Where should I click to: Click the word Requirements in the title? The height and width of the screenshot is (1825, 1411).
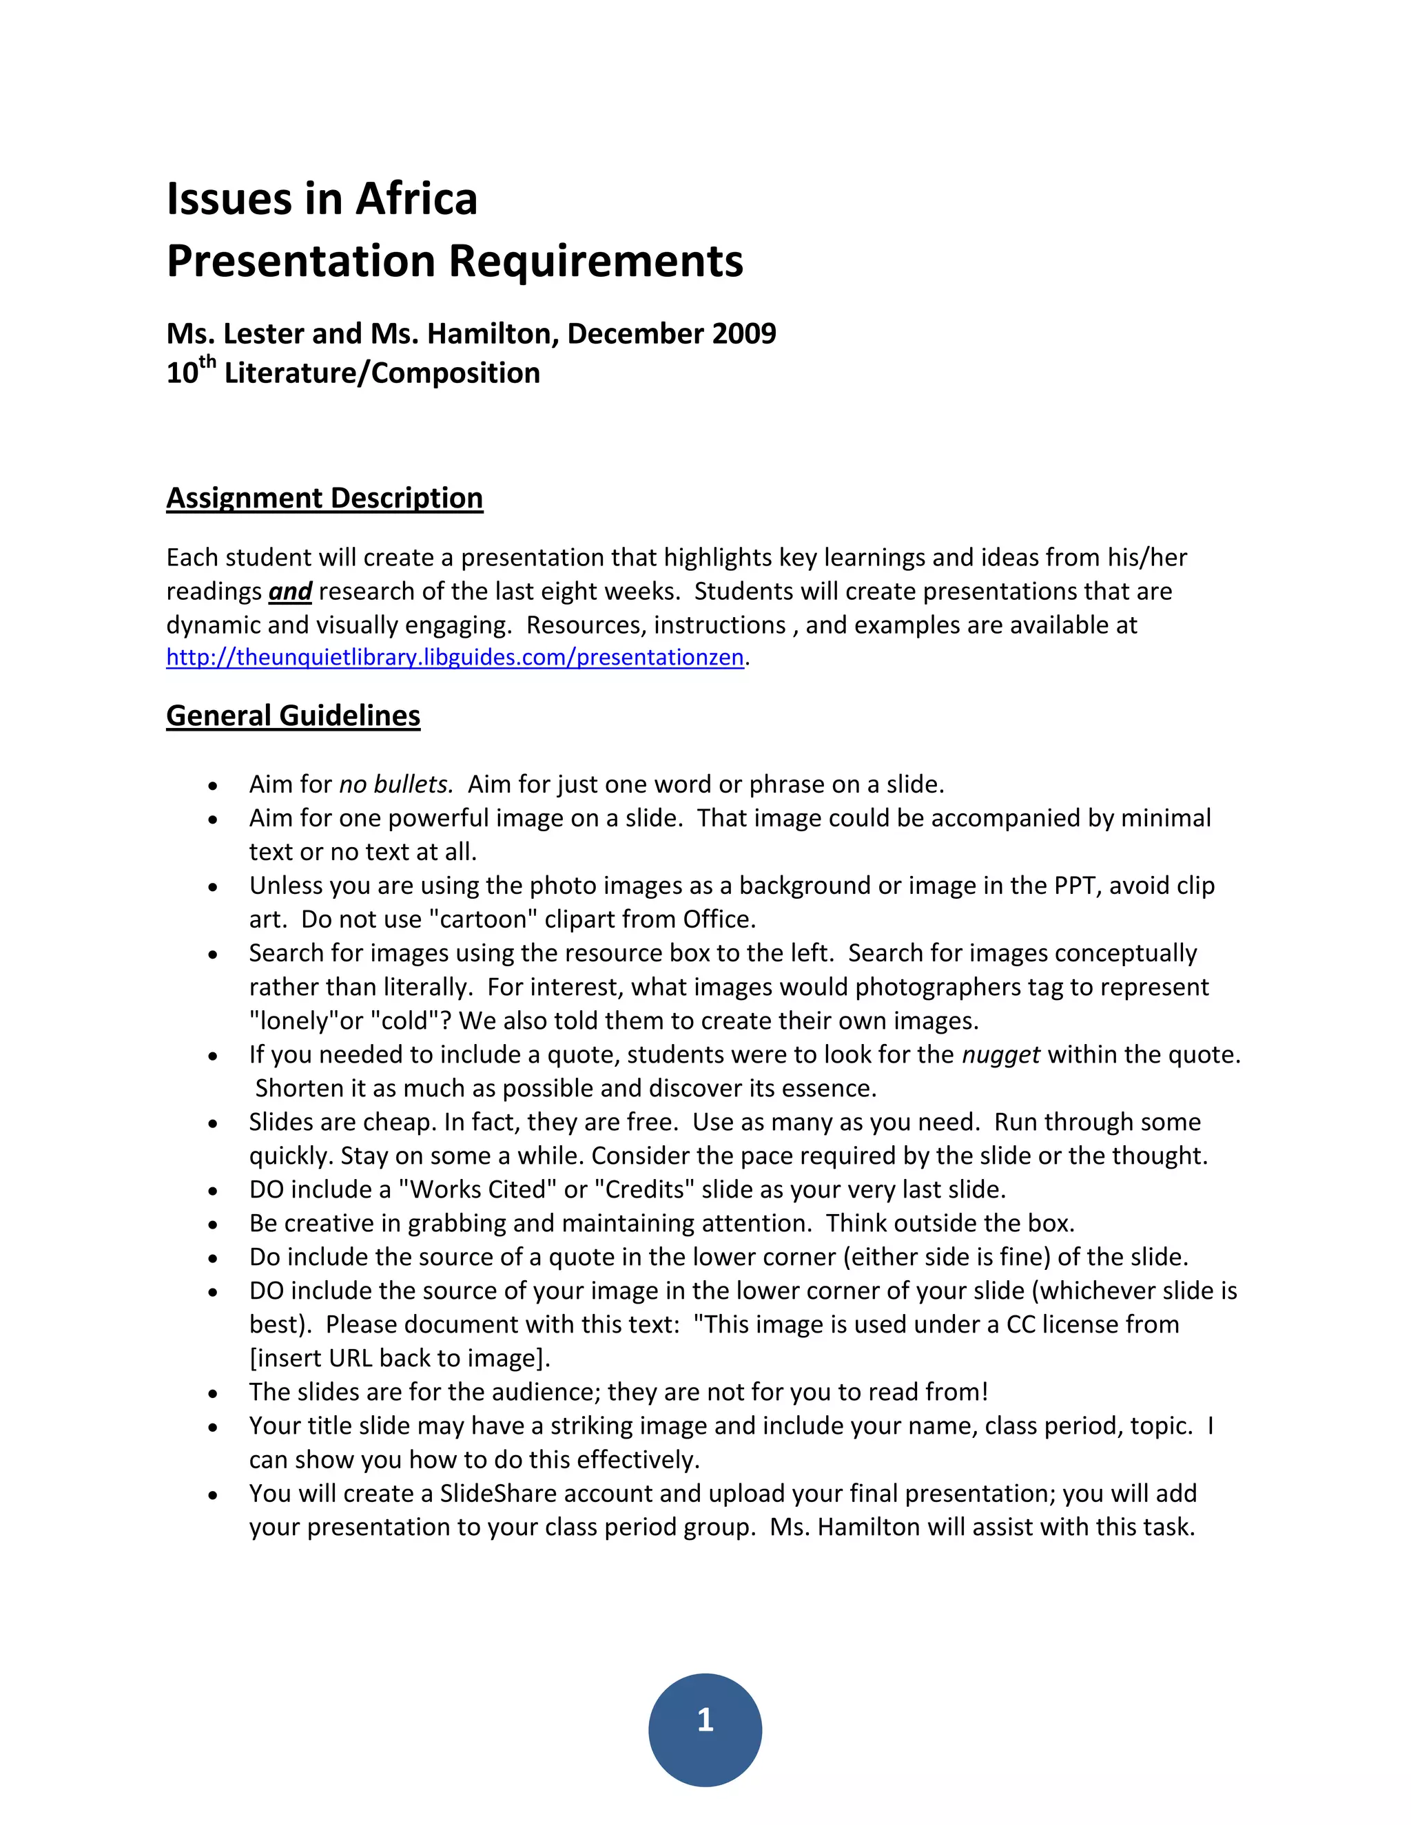595,261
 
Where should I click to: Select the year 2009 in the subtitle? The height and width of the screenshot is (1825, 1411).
744,333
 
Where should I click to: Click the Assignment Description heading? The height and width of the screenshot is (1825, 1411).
325,498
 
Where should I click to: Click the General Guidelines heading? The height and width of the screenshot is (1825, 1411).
293,716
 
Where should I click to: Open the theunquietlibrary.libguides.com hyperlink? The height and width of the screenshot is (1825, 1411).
455,658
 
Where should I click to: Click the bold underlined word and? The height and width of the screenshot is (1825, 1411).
290,592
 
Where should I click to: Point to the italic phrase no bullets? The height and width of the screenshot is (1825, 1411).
396,784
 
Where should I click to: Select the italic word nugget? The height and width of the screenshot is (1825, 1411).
1000,1054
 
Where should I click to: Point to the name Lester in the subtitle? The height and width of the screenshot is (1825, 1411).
263,333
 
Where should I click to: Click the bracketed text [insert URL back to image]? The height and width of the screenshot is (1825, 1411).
400,1359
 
